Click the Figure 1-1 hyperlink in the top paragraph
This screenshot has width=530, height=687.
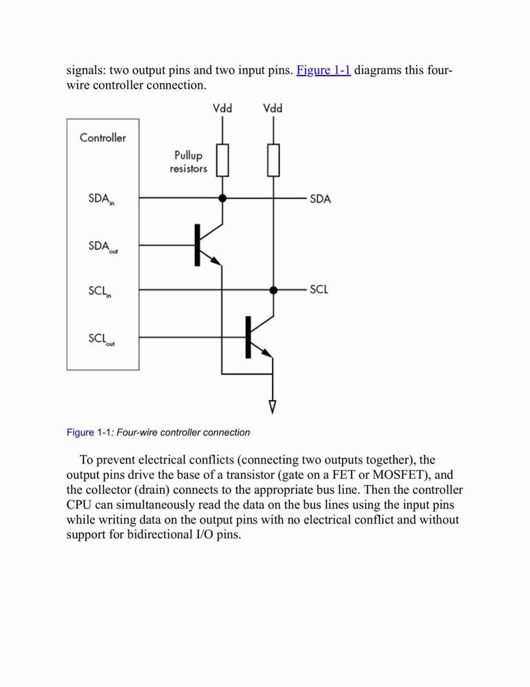[323, 70]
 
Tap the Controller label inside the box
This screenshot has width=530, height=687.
[102, 137]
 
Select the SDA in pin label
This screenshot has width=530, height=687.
[101, 199]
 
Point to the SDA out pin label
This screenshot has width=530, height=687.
[103, 247]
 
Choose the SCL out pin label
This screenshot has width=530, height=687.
[101, 339]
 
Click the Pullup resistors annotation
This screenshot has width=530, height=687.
[188, 161]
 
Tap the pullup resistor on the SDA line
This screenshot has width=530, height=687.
[222, 160]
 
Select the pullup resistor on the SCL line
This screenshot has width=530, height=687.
[273, 160]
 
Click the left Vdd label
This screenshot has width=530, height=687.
[222, 109]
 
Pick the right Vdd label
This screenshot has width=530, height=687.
[273, 109]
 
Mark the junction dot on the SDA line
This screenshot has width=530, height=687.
[222, 198]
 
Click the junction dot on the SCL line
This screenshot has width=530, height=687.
[273, 290]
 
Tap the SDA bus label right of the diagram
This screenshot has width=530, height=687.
[320, 199]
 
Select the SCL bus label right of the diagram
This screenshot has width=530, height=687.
[319, 290]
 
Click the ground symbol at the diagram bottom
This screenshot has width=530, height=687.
[273, 407]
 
